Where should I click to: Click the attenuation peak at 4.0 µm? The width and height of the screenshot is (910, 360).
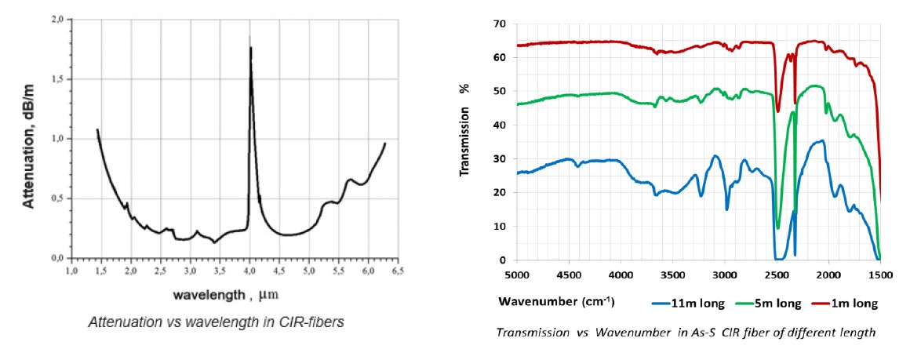tap(250, 48)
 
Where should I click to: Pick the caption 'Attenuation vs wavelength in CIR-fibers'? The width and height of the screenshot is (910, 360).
tap(215, 322)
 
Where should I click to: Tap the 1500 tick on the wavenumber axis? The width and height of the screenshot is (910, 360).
tap(880, 275)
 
